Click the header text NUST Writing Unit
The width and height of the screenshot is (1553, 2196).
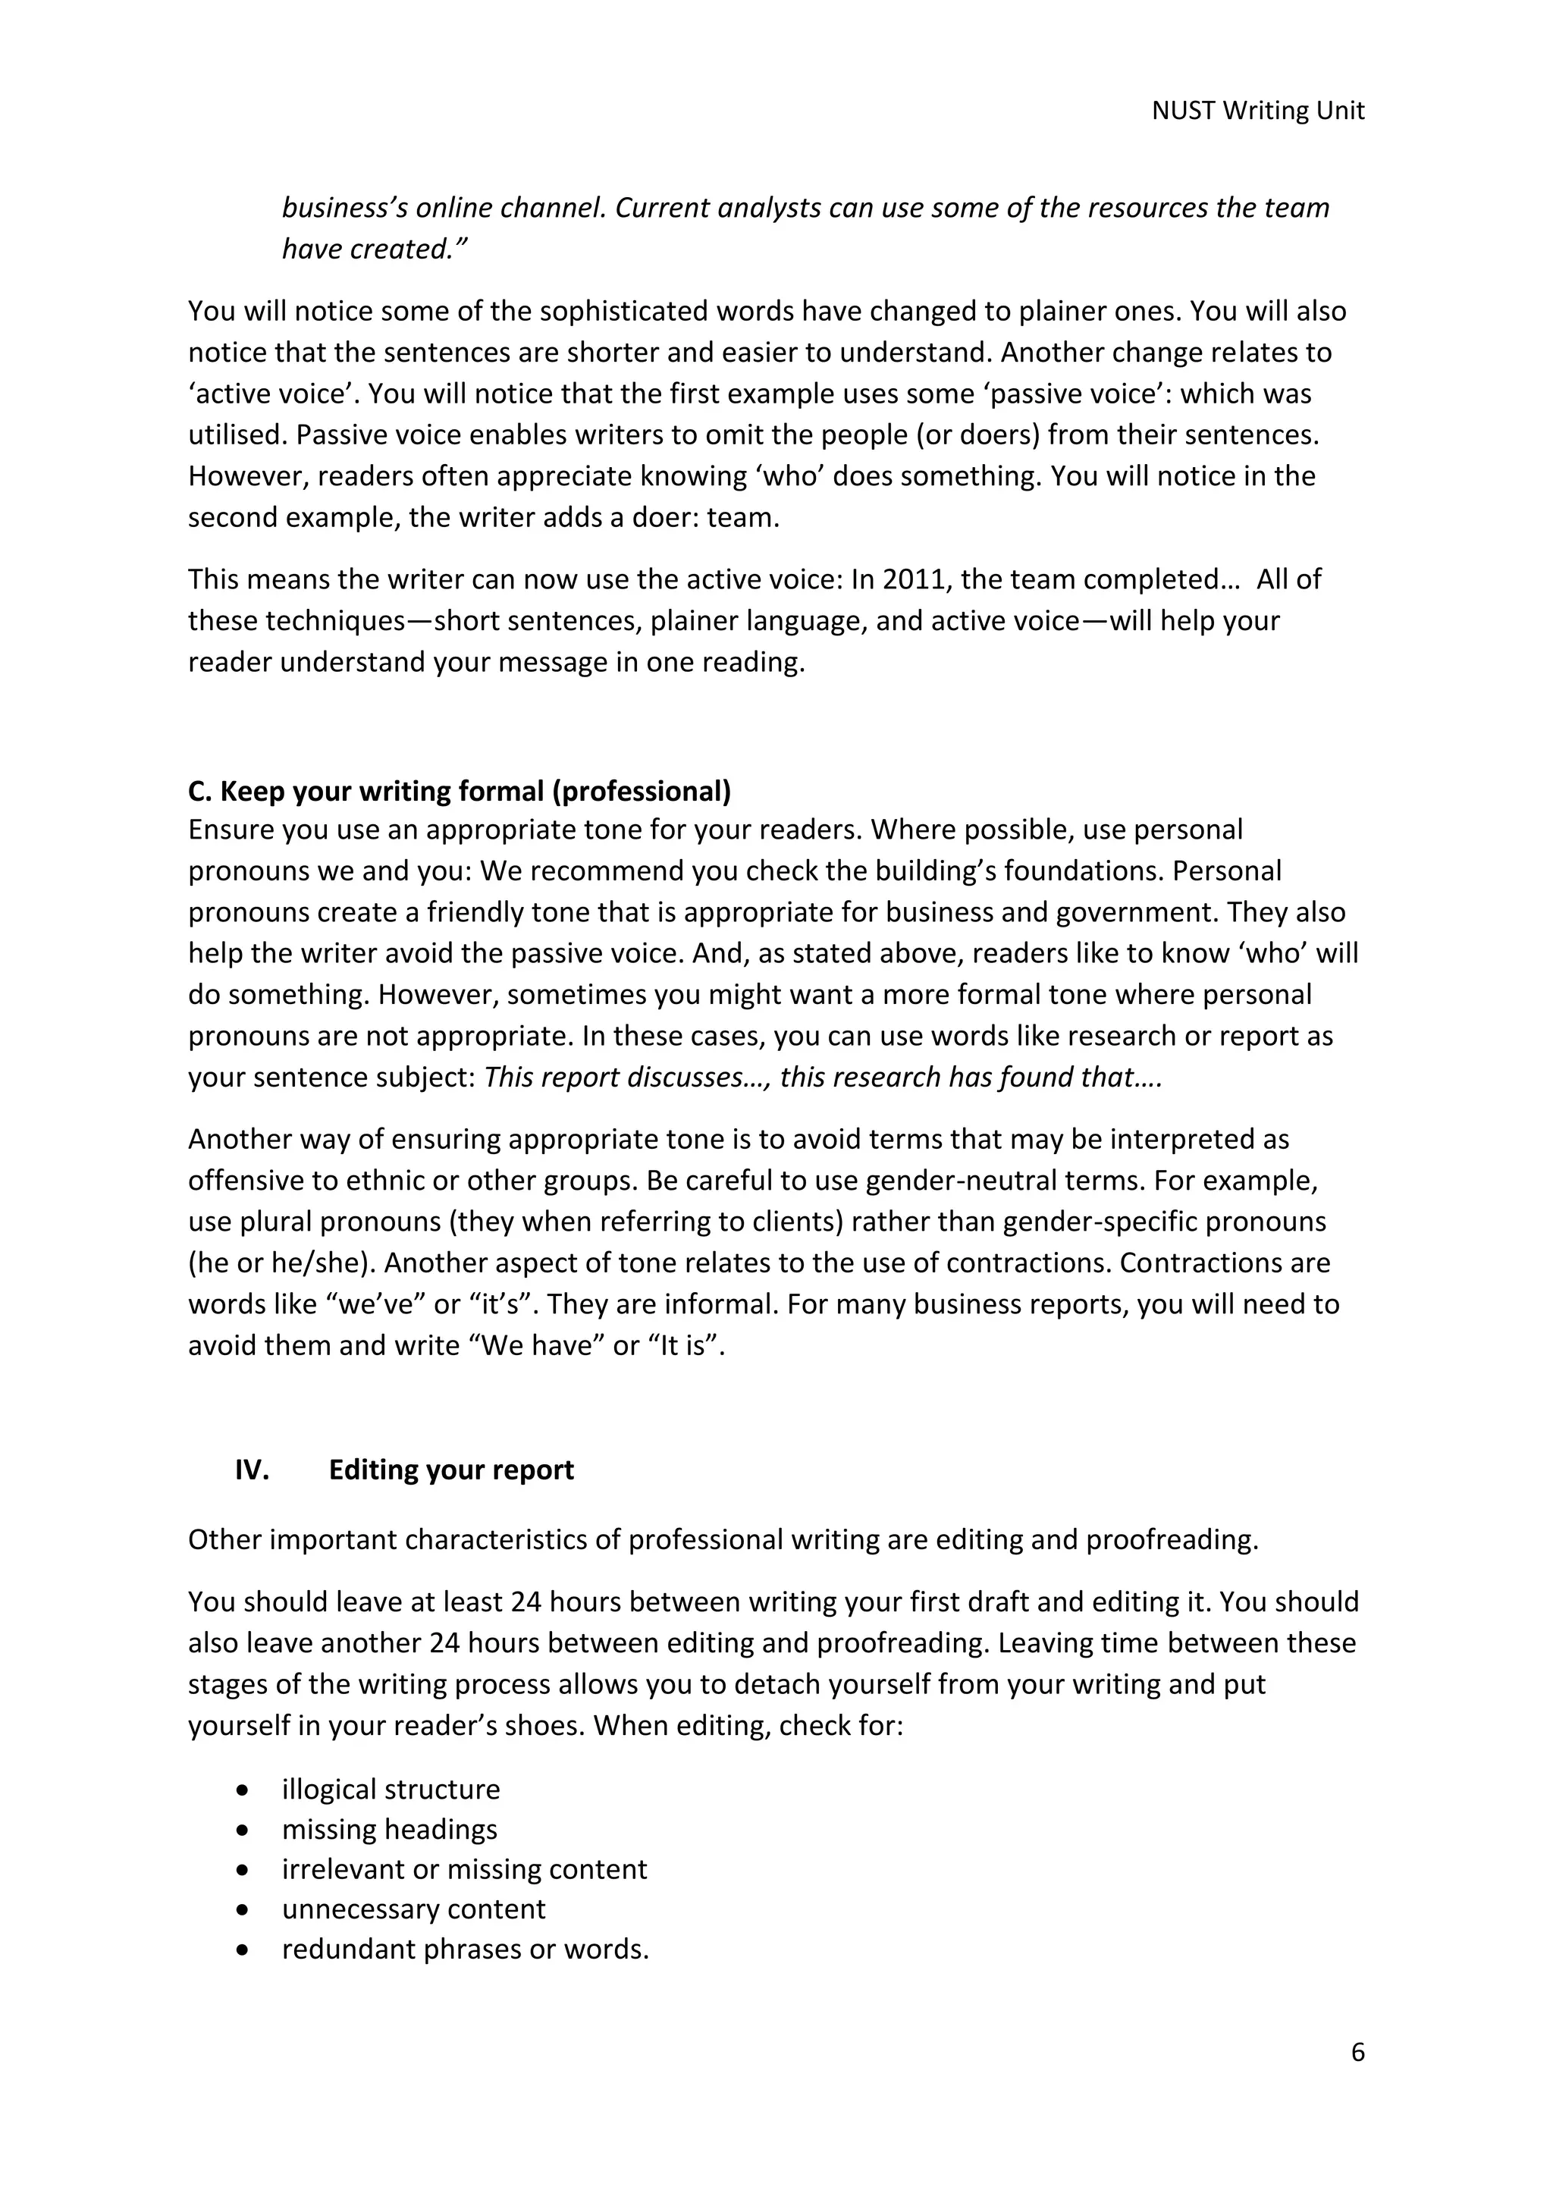point(1257,111)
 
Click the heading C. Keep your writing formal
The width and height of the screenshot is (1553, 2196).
point(459,791)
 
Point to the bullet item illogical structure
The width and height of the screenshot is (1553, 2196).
point(391,1789)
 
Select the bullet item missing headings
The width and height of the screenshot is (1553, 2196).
point(389,1829)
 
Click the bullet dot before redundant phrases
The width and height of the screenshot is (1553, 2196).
point(245,1950)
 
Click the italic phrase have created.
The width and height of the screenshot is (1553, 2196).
point(372,249)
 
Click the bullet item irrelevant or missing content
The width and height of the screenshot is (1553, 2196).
point(464,1869)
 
